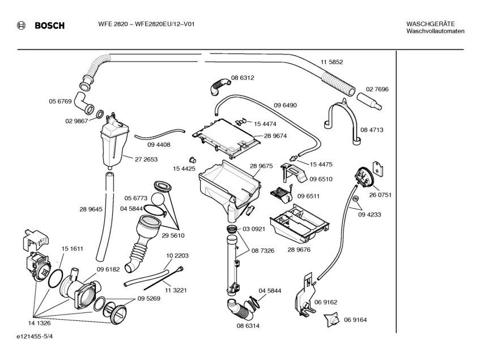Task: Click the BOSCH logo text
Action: point(49,26)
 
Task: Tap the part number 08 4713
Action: point(372,130)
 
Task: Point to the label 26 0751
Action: point(380,194)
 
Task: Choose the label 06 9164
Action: point(355,320)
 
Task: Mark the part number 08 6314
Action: point(248,326)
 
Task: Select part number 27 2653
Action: point(146,159)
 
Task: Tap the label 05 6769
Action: point(60,101)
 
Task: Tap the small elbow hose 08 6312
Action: point(218,87)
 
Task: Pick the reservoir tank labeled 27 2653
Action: point(114,143)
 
